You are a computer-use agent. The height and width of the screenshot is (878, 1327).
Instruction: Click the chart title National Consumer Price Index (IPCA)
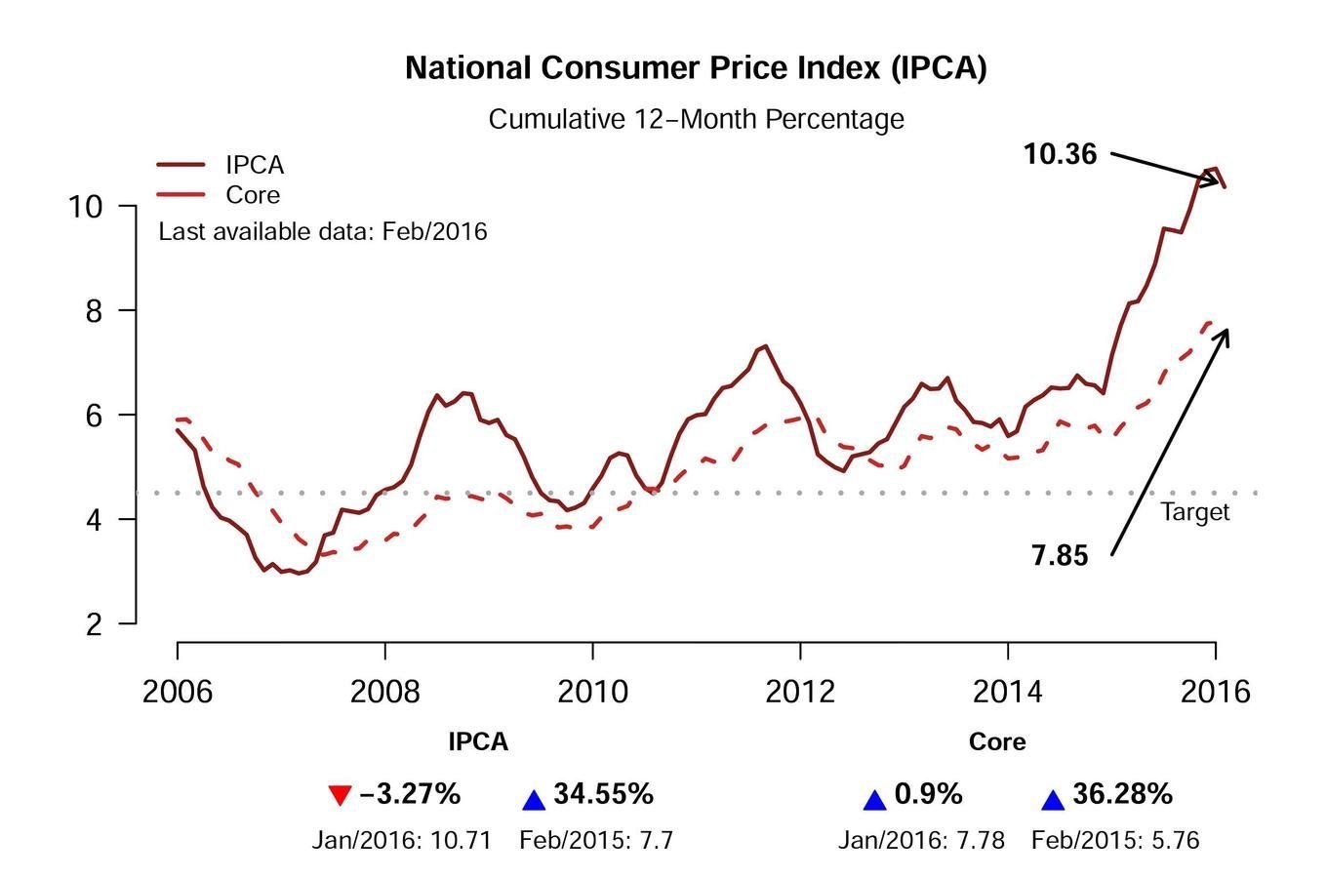point(696,68)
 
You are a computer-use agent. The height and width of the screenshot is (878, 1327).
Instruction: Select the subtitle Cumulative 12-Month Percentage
point(696,119)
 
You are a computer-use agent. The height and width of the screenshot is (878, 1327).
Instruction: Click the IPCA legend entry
point(254,165)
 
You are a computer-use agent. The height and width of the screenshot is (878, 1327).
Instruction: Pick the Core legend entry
point(252,195)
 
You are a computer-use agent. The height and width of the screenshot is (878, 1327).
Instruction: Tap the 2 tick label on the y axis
point(95,624)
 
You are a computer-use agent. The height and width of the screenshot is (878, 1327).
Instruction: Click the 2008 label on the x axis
point(384,692)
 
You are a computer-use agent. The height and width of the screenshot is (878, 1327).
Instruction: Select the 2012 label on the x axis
point(800,692)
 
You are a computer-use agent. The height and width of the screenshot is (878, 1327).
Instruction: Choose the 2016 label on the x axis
point(1215,692)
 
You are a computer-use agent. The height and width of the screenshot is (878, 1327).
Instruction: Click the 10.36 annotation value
point(1060,154)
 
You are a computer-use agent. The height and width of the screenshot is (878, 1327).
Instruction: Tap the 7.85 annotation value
point(1060,556)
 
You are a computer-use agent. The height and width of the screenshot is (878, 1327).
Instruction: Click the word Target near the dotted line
point(1195,512)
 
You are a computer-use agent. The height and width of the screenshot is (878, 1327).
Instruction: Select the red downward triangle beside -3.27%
point(339,796)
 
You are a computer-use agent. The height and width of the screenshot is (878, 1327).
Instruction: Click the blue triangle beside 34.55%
point(534,800)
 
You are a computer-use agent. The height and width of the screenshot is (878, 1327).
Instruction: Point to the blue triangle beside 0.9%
point(875,800)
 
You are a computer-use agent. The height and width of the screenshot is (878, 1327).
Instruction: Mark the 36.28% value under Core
point(1122,794)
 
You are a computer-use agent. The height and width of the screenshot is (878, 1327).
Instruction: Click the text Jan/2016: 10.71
point(401,840)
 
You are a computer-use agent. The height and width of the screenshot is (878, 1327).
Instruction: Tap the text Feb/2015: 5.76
point(1115,840)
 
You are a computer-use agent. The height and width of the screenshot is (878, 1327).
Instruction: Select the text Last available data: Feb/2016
point(323,232)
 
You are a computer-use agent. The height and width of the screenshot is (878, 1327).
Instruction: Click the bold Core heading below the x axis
point(997,742)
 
